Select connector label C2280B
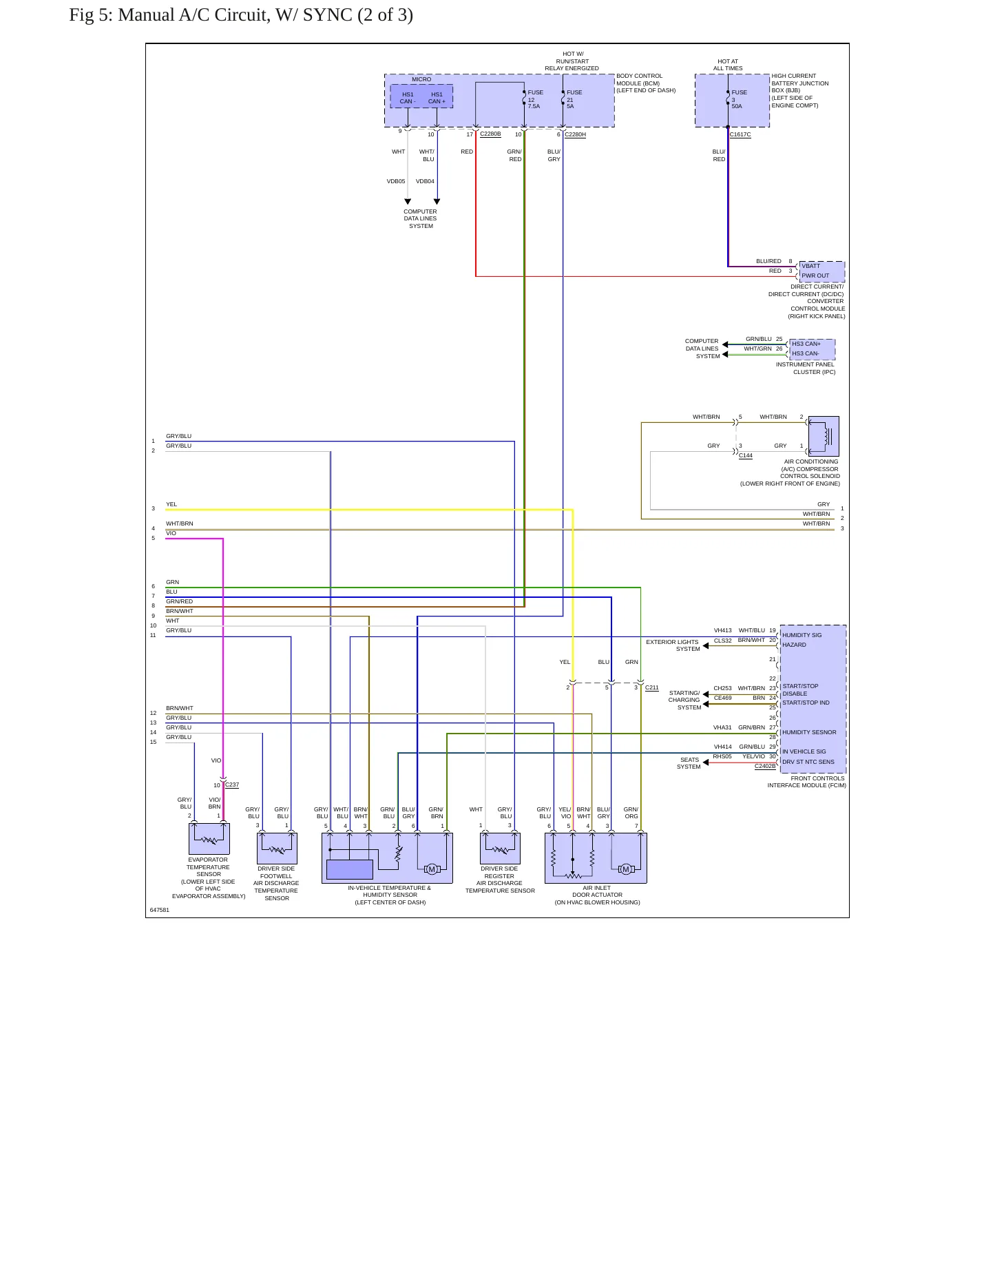point(490,134)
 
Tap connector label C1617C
point(740,135)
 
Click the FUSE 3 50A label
point(739,99)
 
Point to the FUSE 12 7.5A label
point(535,99)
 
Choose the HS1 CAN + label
point(437,98)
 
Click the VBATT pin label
point(810,266)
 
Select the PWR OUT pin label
point(815,276)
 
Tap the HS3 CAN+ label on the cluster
point(806,344)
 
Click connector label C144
point(746,455)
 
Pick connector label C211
point(652,687)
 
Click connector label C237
point(232,785)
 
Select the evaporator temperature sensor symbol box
point(209,839)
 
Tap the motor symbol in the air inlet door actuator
point(625,869)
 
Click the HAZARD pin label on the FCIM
point(794,645)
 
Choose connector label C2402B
point(765,766)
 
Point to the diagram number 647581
point(160,910)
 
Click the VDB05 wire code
point(396,181)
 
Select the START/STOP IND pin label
point(806,703)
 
